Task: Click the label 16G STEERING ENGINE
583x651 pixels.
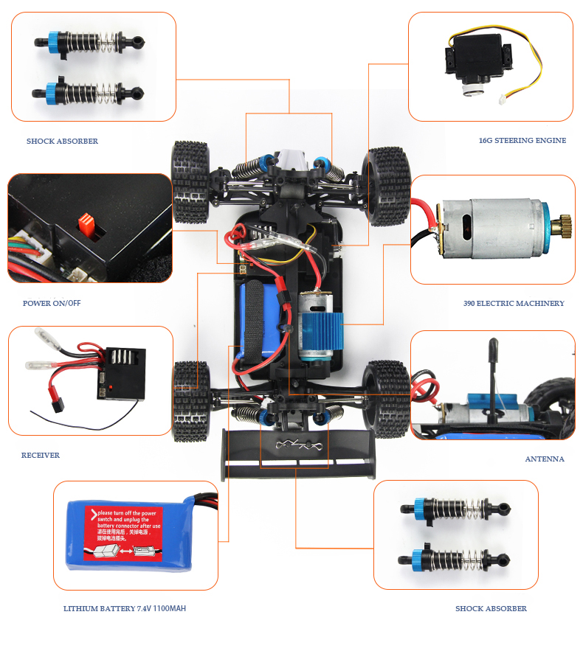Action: point(522,140)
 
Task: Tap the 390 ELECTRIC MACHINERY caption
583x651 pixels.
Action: point(514,303)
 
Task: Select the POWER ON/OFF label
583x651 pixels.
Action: point(52,303)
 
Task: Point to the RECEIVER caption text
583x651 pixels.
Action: point(41,455)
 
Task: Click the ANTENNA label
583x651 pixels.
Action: point(545,459)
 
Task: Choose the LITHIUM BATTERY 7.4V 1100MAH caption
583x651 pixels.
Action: point(130,609)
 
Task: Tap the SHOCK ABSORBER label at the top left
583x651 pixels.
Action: point(62,141)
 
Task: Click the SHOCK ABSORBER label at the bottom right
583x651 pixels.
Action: point(491,608)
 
